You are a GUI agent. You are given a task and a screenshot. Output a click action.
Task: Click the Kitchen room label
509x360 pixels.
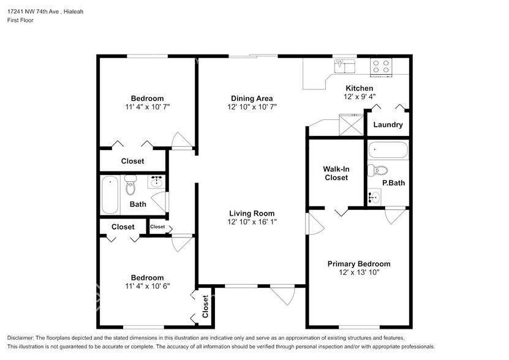coord(359,88)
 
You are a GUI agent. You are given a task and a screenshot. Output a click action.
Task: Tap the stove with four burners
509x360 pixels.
coord(382,66)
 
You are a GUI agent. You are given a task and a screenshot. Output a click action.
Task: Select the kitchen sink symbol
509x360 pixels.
coord(344,65)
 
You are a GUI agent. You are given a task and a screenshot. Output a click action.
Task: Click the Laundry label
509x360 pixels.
coord(388,125)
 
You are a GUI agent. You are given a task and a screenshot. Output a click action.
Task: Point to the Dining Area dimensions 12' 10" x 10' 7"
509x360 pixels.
coord(252,107)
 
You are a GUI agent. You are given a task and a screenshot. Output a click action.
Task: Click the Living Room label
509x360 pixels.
coord(252,213)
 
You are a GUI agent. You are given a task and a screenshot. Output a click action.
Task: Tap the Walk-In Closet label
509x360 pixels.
coord(336,173)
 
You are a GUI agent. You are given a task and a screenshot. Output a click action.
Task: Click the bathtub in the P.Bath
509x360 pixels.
coord(388,150)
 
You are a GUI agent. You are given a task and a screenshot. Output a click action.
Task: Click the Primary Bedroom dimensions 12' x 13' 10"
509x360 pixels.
coord(358,272)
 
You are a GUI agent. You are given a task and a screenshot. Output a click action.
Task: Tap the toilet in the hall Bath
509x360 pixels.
coord(130,184)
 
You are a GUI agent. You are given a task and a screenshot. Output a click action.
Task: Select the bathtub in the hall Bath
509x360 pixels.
coord(110,195)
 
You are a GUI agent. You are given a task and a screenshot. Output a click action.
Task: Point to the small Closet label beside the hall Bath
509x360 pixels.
coord(157,227)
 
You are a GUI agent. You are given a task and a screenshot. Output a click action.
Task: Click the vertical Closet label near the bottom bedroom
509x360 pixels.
coord(205,306)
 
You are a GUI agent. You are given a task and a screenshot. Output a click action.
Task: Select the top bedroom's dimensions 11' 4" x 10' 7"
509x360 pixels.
coord(147,107)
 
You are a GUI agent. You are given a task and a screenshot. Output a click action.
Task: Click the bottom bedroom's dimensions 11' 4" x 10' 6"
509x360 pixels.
coord(147,286)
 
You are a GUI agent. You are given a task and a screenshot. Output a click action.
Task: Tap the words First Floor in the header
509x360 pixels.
coord(20,20)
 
